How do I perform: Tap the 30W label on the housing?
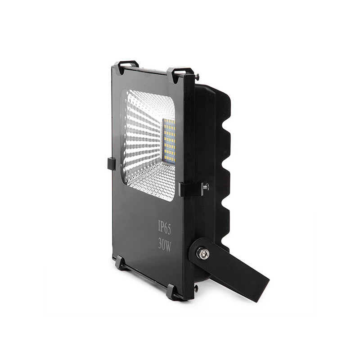pyautogui.click(x=164, y=245)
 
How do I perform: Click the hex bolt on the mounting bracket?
pyautogui.click(x=202, y=254)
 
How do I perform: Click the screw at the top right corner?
pyautogui.click(x=197, y=78)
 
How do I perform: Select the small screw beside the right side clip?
pyautogui.click(x=206, y=186)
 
